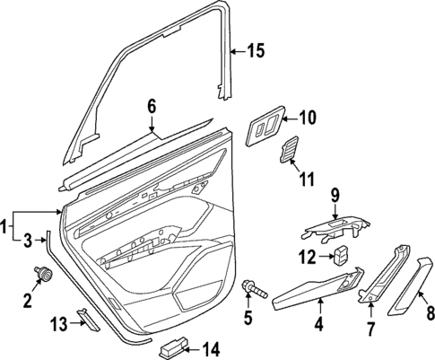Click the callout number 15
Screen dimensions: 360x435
point(256,51)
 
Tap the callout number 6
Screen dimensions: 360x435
point(152,107)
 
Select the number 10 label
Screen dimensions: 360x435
point(307,117)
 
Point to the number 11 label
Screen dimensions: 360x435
point(306,180)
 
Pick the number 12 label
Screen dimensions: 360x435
point(306,258)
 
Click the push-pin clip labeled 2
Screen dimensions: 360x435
point(39,274)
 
